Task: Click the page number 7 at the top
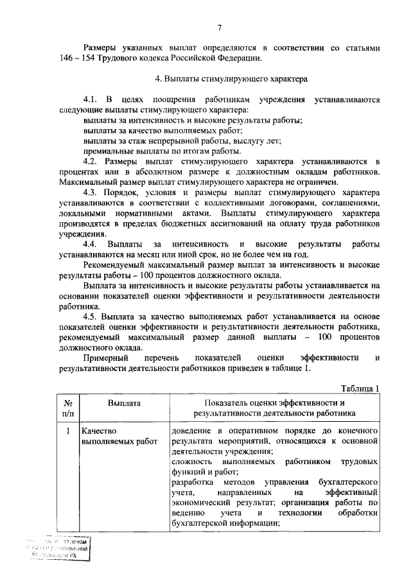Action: (219, 26)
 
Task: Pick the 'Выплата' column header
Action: (124, 403)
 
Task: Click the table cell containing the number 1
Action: (67, 430)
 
